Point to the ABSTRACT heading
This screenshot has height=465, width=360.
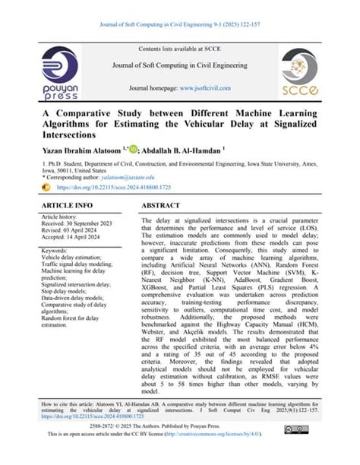pos(166,206)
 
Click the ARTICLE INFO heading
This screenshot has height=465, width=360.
pos(67,206)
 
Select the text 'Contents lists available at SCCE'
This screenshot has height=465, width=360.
pos(179,49)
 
